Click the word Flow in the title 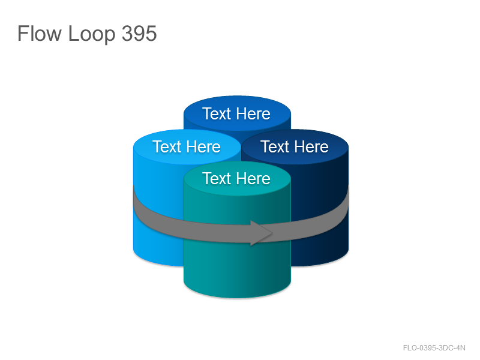pos(39,33)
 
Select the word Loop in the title pos(92,34)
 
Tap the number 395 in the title pos(139,33)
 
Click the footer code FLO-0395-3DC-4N pos(434,348)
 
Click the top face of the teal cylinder pos(237,178)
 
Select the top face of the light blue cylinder pos(187,147)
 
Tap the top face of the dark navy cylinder pos(295,147)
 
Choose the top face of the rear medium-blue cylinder pos(237,113)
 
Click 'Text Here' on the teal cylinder pos(236,178)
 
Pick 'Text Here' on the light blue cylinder pos(187,146)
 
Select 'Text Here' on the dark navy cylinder pos(295,146)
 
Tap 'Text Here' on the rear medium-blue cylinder pos(236,114)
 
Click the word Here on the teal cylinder pos(253,178)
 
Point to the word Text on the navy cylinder pos(275,146)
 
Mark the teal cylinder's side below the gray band pos(237,269)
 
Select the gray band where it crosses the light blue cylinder pos(158,214)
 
